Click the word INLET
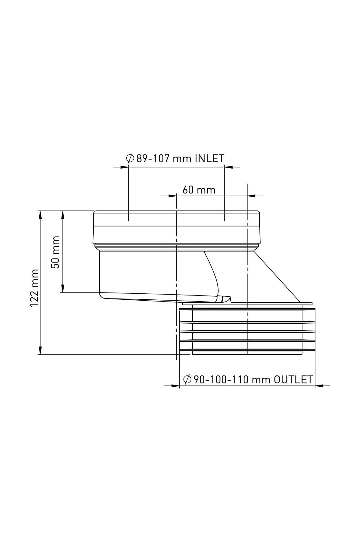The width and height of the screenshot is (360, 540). pos(209,158)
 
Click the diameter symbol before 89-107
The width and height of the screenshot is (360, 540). pos(130,158)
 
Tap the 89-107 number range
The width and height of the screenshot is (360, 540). pos(155,158)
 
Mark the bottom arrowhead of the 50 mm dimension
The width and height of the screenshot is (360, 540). pos(63,289)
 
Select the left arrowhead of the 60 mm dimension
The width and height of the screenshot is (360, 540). pos(172,196)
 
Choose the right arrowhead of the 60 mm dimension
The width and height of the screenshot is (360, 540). pos(251,196)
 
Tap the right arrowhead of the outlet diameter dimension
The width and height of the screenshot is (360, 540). pos(319,386)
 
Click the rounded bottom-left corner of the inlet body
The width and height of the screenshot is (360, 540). pos(101,296)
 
